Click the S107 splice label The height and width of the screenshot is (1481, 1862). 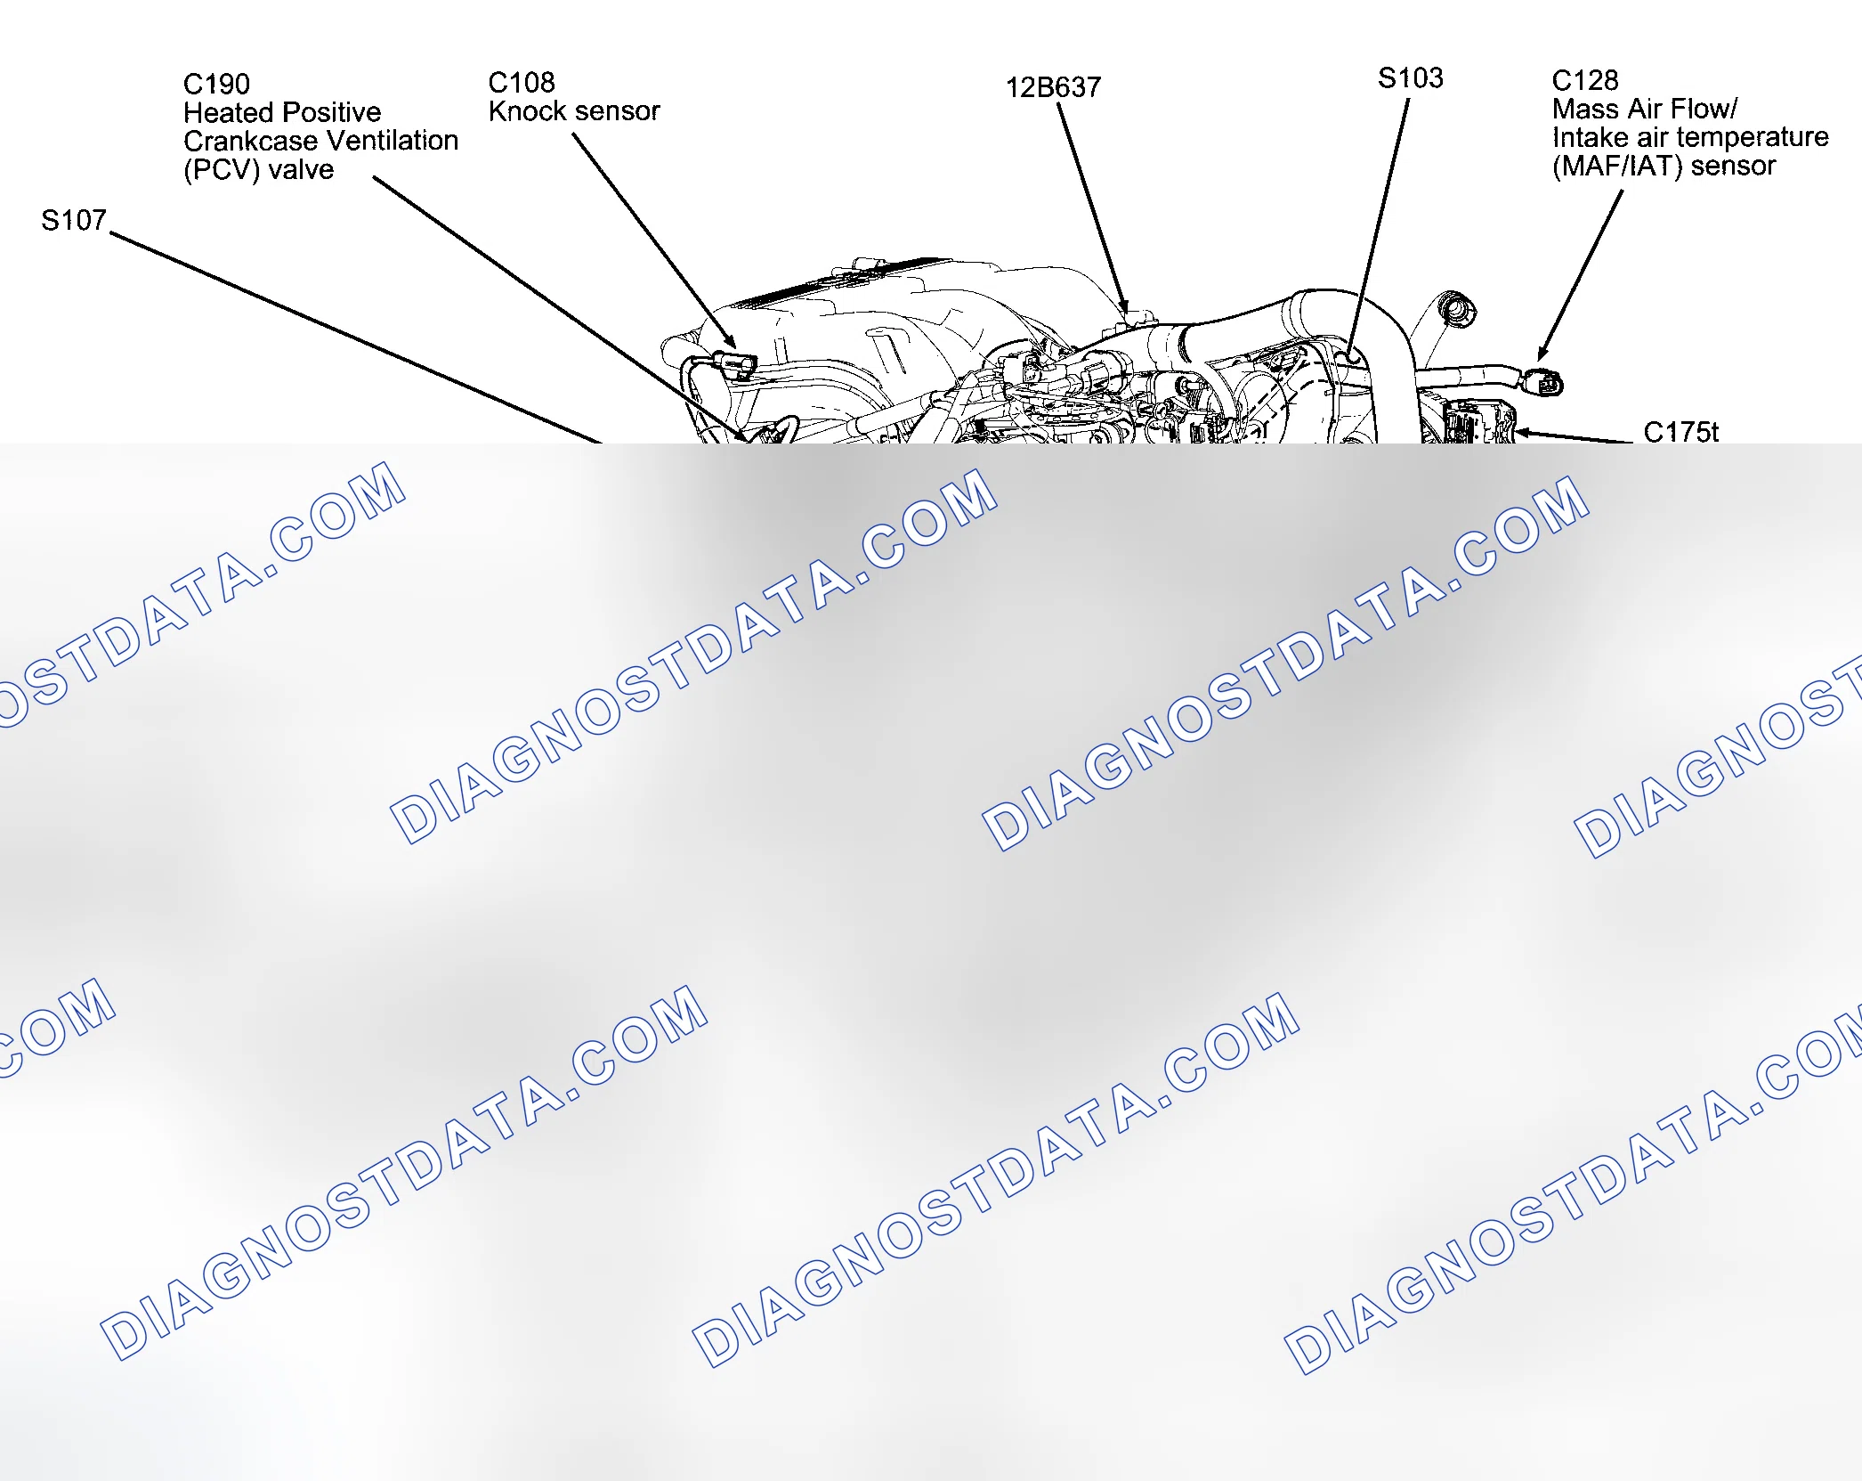[74, 220]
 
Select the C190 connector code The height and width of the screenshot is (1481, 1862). [216, 84]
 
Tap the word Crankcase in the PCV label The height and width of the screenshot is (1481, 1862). [250, 141]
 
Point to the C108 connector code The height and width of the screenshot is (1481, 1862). [522, 82]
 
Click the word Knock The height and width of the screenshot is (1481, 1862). [528, 110]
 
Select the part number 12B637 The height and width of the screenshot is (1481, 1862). [1053, 87]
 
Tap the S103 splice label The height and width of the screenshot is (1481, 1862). [1411, 77]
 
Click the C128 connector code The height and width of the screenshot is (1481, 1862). [1585, 80]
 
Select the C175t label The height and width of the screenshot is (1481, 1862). [1680, 432]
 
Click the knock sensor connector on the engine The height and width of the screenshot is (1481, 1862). [736, 364]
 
